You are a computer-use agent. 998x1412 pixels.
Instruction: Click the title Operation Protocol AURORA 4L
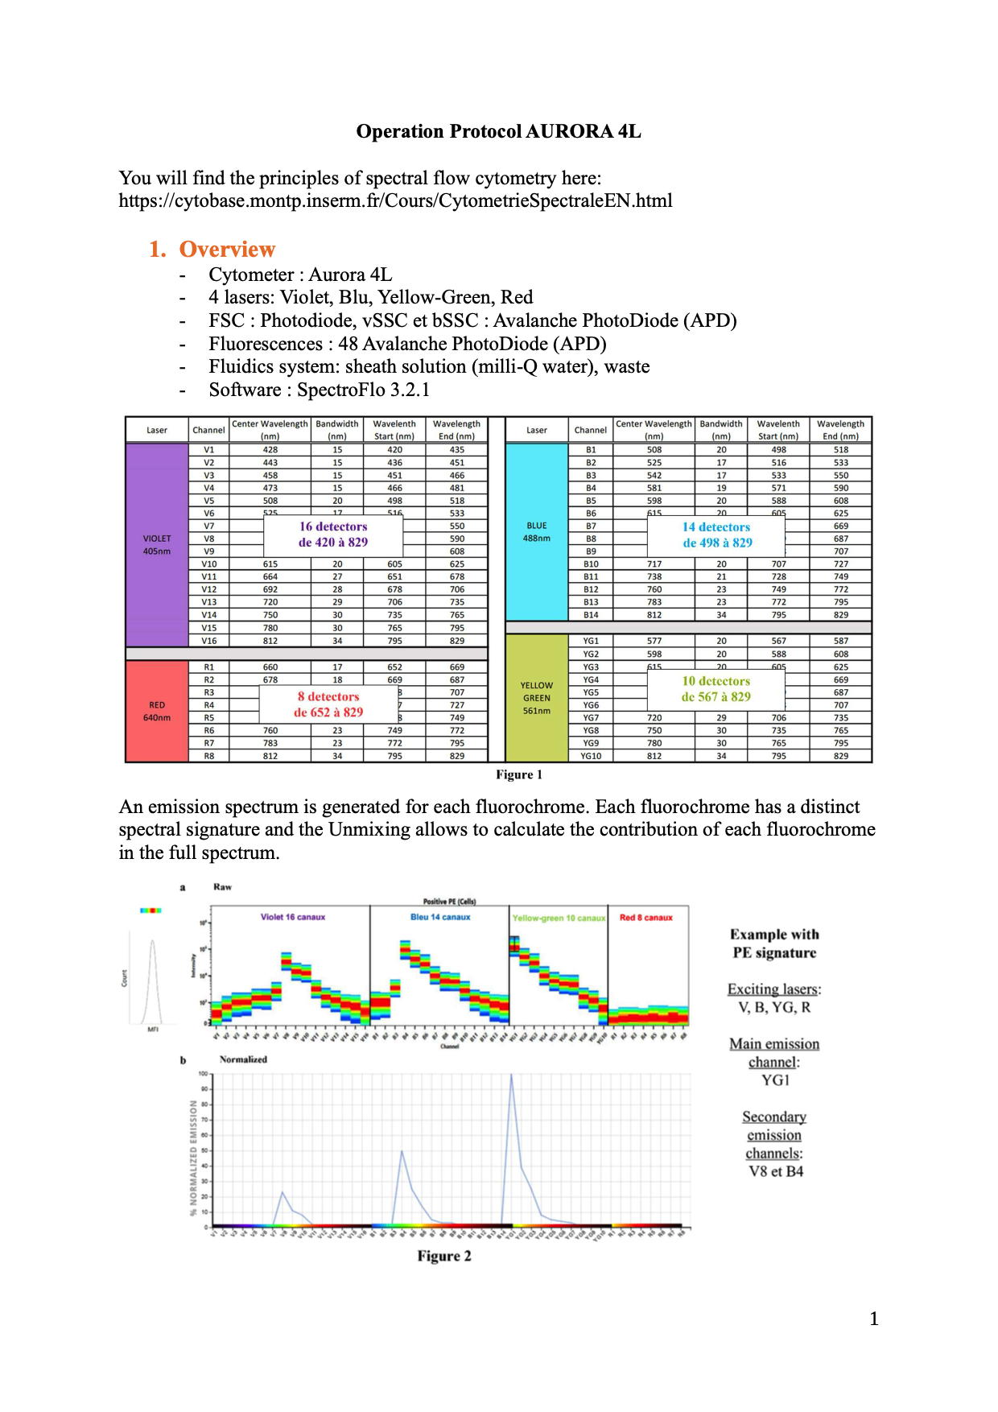click(x=498, y=131)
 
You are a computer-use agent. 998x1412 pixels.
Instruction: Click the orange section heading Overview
click(x=227, y=249)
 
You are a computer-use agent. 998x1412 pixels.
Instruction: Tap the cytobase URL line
click(x=395, y=200)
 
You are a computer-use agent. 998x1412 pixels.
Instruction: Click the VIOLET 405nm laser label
click(x=157, y=544)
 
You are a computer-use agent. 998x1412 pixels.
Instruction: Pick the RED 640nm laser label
click(x=157, y=711)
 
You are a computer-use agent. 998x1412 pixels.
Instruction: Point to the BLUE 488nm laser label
click(x=536, y=531)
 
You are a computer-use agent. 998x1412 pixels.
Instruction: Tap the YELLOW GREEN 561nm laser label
click(x=536, y=698)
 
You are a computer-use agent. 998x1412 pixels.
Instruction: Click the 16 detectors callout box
click(x=333, y=535)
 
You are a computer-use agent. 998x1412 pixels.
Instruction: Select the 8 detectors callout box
click(x=328, y=704)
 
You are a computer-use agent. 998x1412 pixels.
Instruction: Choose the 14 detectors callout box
click(x=717, y=535)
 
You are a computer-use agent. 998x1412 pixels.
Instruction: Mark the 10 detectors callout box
click(x=716, y=689)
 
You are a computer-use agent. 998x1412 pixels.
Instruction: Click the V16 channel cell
click(x=209, y=641)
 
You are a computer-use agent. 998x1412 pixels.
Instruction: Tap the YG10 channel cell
click(x=591, y=756)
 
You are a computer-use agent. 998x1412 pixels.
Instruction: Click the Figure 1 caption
click(x=519, y=774)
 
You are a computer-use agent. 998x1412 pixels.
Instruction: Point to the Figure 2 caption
click(x=444, y=1256)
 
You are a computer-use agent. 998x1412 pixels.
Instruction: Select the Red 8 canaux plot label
click(x=646, y=917)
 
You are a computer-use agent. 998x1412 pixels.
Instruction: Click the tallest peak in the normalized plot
click(x=511, y=1076)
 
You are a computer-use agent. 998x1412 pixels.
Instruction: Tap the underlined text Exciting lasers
click(x=773, y=989)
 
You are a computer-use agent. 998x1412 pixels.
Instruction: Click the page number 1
click(x=874, y=1319)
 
